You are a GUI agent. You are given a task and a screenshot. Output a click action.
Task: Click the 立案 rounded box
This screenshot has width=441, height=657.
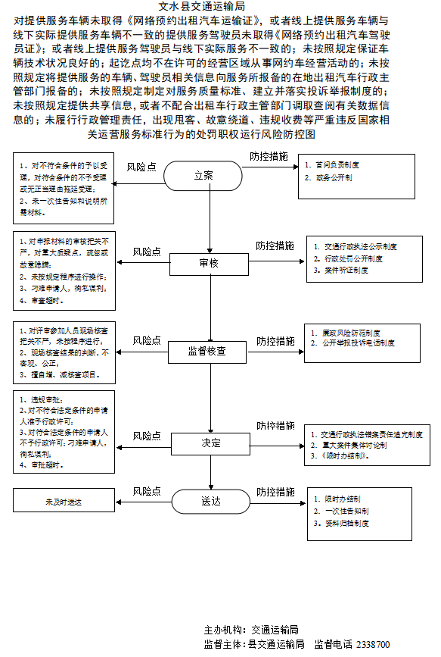tap(203, 175)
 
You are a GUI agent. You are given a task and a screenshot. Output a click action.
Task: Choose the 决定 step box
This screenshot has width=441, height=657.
tap(211, 443)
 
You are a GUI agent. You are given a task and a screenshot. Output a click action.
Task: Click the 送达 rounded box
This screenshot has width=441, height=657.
tap(210, 501)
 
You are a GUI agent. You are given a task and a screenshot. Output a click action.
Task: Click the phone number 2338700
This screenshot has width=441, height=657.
tap(373, 644)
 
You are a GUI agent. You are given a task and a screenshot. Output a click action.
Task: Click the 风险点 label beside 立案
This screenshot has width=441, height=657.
tap(141, 166)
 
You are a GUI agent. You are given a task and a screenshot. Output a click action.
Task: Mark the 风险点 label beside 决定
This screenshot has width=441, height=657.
tap(148, 436)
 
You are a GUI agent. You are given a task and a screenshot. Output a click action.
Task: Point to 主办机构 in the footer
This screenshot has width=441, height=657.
tap(224, 630)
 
